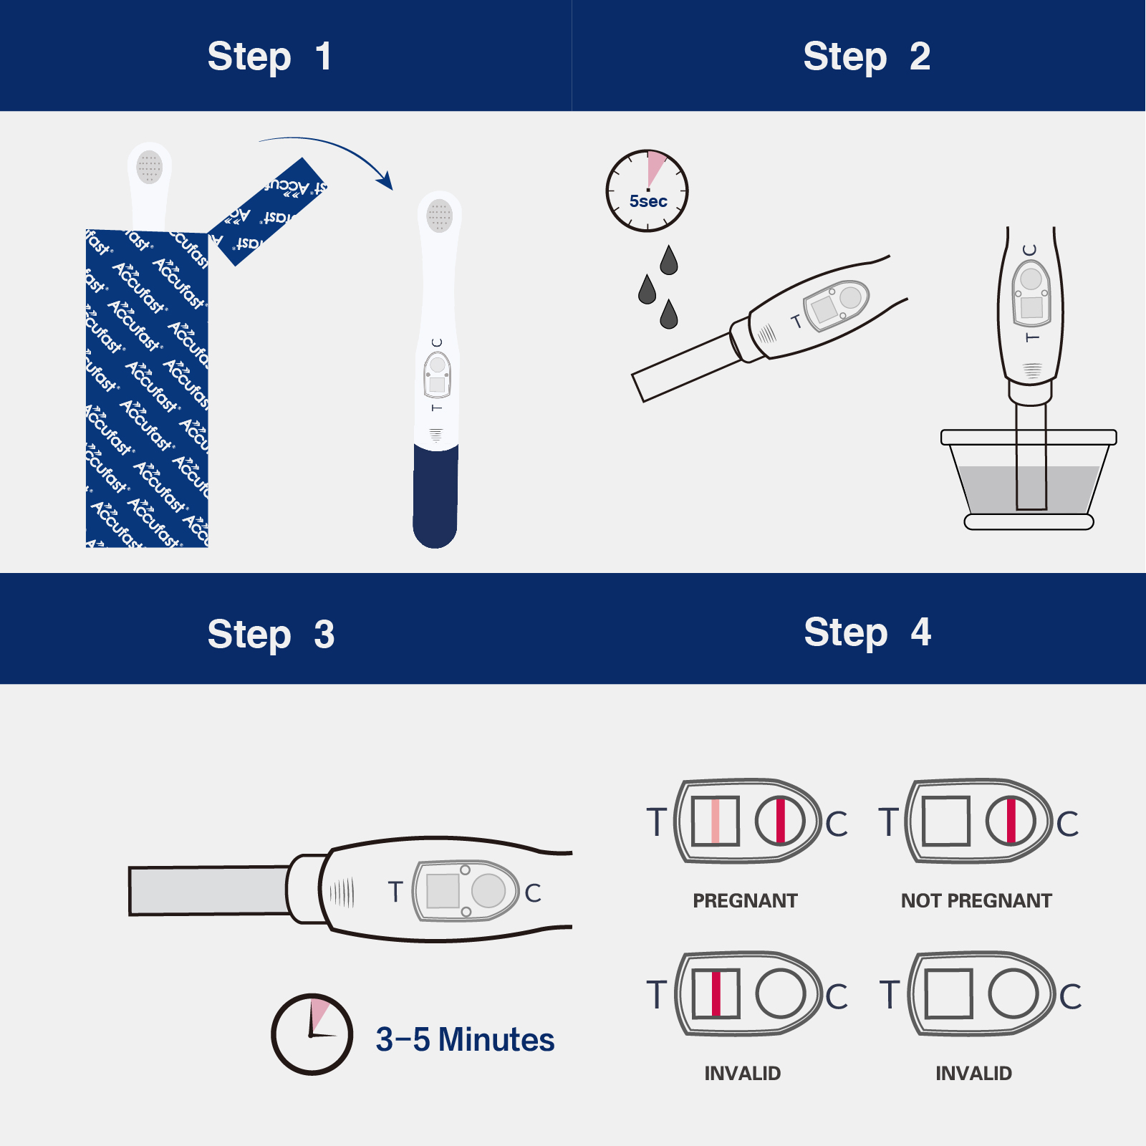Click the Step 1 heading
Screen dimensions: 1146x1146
click(269, 57)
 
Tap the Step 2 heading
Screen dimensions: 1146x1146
click(866, 57)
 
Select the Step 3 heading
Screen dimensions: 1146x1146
click(271, 635)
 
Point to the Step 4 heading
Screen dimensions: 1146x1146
click(867, 632)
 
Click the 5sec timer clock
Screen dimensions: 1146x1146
click(647, 191)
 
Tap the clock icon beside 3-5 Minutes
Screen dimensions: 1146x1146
click(312, 1034)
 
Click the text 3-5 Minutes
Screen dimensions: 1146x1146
click(465, 1040)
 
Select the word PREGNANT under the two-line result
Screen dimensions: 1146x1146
click(744, 901)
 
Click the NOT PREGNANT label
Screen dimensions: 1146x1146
click(976, 901)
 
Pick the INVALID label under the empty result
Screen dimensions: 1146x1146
click(973, 1074)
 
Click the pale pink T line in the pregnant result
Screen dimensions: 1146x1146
click(715, 821)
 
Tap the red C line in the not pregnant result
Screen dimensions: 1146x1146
click(1011, 821)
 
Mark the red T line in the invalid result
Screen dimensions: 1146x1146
click(716, 993)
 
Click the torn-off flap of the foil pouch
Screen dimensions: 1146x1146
click(269, 212)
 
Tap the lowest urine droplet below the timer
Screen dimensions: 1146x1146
click(669, 314)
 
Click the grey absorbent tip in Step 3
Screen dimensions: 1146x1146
click(208, 890)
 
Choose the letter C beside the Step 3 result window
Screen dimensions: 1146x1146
click(533, 893)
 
